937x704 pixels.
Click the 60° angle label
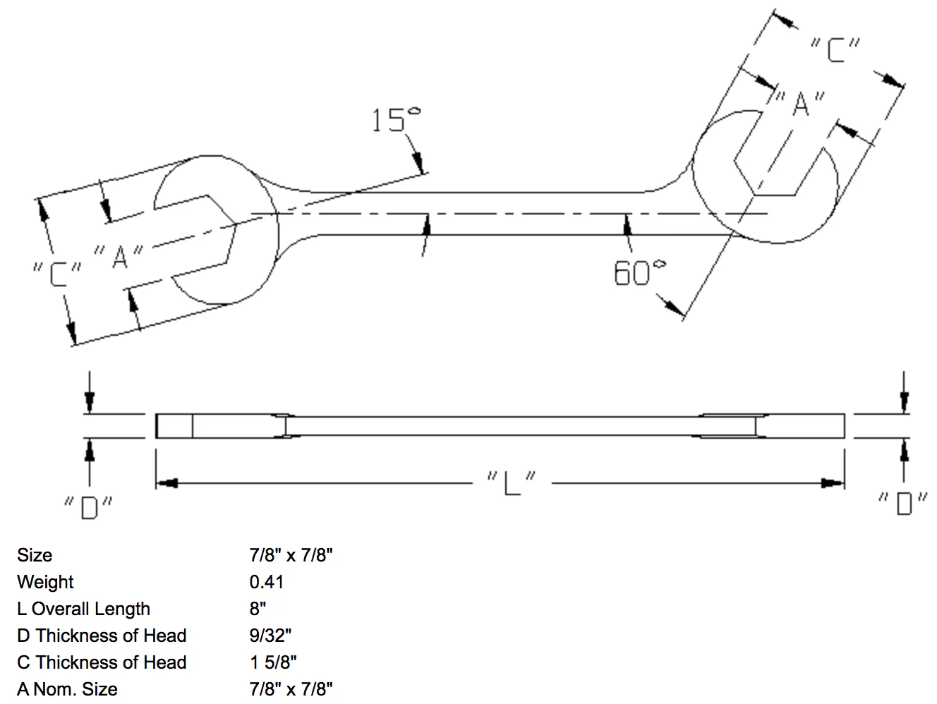(639, 272)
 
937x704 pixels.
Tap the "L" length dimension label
(512, 483)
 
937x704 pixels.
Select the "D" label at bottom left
(88, 508)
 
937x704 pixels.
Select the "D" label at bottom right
(903, 504)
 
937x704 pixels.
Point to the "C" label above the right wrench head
(835, 50)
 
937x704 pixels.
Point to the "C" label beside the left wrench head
(56, 274)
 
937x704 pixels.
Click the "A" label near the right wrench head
(799, 104)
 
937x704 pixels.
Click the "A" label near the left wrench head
(119, 257)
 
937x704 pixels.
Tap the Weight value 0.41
(267, 582)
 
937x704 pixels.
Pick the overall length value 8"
(258, 609)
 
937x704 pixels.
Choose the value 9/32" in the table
(270, 636)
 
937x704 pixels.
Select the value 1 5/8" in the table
(273, 662)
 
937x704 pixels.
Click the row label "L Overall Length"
(84, 609)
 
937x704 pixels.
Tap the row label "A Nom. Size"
(68, 689)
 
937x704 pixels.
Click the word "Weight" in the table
(45, 583)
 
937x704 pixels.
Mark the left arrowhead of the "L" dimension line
(167, 483)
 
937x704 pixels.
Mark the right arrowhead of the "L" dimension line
(833, 483)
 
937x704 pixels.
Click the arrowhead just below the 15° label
(418, 162)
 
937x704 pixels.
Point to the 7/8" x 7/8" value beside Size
(291, 555)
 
